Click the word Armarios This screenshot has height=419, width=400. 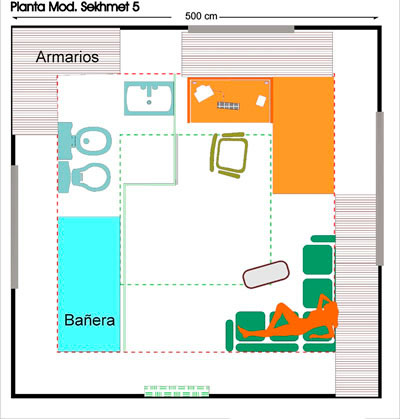click(67, 57)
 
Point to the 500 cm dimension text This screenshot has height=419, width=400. click(201, 17)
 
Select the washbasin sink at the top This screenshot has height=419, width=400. click(150, 100)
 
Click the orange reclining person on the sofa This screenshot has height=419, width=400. click(297, 317)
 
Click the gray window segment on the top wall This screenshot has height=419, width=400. click(240, 29)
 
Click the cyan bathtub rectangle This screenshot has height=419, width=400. click(89, 284)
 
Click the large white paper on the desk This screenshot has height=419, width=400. click(204, 93)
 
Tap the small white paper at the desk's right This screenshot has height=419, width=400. click(261, 100)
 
